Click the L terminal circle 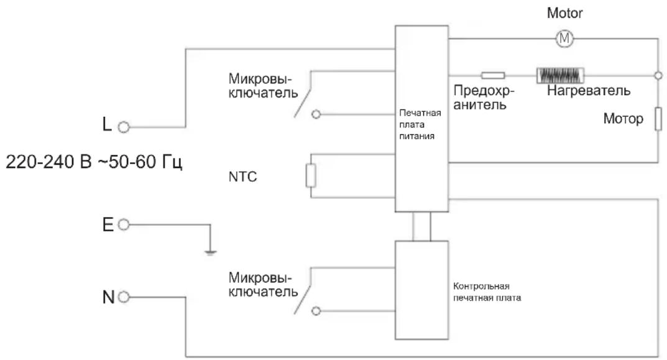pos(123,127)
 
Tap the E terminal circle pos(123,224)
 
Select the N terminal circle pos(123,297)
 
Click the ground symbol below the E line pos(210,253)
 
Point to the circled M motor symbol pos(564,39)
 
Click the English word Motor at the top pos(564,13)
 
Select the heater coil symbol pos(560,76)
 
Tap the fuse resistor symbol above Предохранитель pos(493,76)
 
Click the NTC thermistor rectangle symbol pos(311,175)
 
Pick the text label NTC pos(242,177)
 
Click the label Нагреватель pos(588,90)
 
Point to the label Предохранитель pos(484,98)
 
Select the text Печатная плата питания pos(420,124)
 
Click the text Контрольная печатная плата pos(487,292)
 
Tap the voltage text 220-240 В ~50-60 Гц pos(94,162)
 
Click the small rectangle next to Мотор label pos(658,119)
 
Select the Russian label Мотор pos(623,118)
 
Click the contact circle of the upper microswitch pos(316,114)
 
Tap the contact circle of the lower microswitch pos(316,311)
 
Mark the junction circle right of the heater pos(658,76)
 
